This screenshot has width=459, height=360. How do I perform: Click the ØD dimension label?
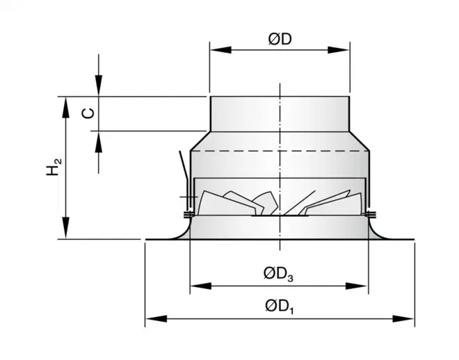click(280, 40)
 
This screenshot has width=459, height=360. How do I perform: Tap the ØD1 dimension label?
click(279, 306)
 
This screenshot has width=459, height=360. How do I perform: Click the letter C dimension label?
click(87, 113)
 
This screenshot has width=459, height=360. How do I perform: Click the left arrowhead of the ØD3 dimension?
click(197, 285)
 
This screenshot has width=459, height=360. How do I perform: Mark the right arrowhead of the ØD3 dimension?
click(362, 285)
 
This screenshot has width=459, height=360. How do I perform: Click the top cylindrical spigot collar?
click(279, 113)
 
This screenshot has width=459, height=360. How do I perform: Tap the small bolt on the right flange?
click(371, 213)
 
